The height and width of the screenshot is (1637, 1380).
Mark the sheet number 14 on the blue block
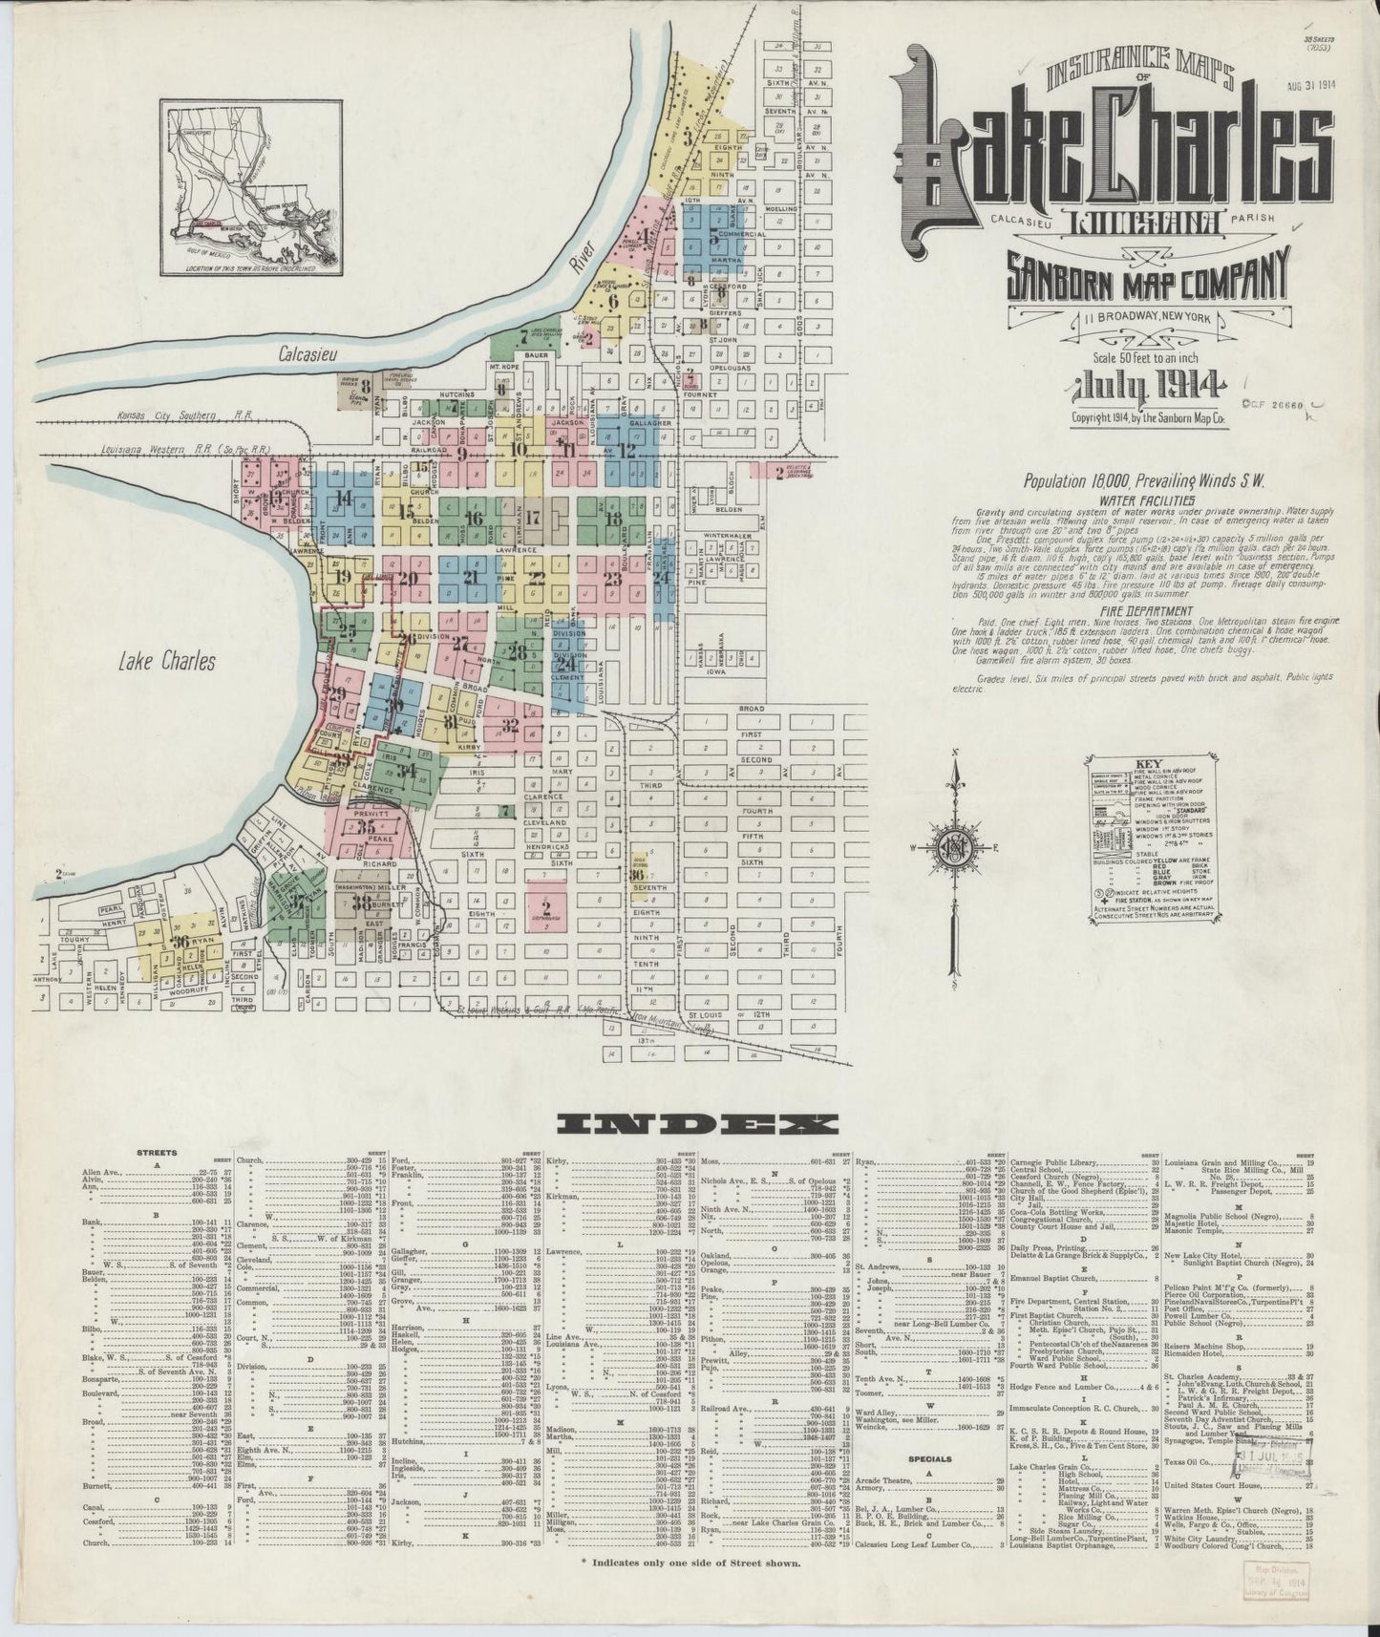[x=344, y=497]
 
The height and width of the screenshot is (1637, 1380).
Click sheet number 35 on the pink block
[x=367, y=827]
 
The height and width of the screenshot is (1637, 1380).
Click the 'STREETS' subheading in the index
[x=157, y=1154]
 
